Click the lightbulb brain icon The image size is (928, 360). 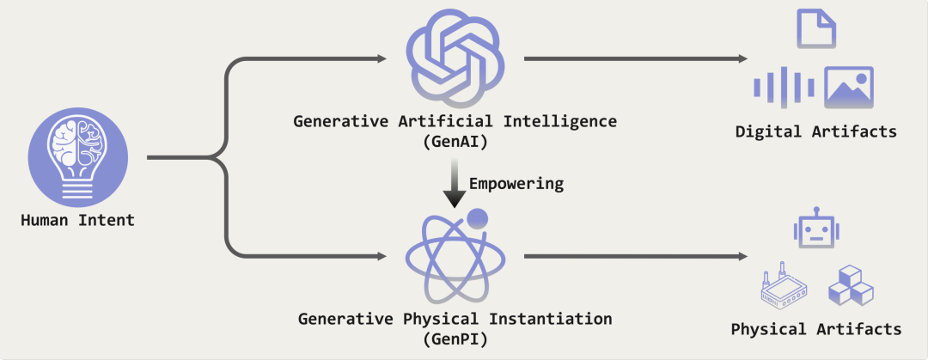pyautogui.click(x=78, y=157)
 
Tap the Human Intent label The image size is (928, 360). pyautogui.click(x=77, y=221)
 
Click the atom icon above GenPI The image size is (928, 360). pyautogui.click(x=455, y=256)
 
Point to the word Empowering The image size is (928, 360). pyautogui.click(x=516, y=184)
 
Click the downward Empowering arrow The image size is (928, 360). pyautogui.click(x=455, y=183)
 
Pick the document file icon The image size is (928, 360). pyautogui.click(x=816, y=27)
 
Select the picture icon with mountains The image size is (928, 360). pyautogui.click(x=849, y=88)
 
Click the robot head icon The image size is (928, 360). pyautogui.click(x=817, y=226)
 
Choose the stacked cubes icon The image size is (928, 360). pyautogui.click(x=851, y=285)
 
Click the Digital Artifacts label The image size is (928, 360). pyautogui.click(x=816, y=131)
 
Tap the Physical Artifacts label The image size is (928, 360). pyautogui.click(x=816, y=328)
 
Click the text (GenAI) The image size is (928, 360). pyautogui.click(x=455, y=142)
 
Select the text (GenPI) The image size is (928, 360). pyautogui.click(x=455, y=339)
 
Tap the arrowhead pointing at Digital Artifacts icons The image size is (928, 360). pyautogui.click(x=743, y=58)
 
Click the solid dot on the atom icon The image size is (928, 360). pyautogui.click(x=477, y=219)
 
